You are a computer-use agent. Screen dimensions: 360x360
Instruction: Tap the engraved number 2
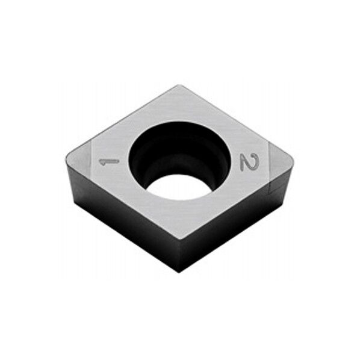[250, 162]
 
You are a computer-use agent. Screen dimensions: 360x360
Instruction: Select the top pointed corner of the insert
[179, 85]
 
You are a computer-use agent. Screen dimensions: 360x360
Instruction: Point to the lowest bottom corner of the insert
[179, 272]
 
